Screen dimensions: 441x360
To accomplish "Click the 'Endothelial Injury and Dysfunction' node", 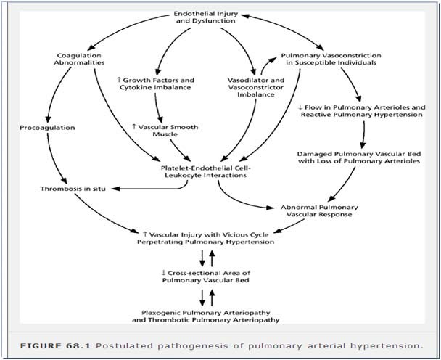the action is coord(206,17).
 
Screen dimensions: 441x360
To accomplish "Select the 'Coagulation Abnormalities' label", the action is coord(79,59).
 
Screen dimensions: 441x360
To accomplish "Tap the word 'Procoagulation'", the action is coord(47,128).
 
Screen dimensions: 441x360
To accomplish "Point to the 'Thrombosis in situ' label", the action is coord(73,189).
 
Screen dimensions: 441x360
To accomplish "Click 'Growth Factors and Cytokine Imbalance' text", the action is coord(155,83).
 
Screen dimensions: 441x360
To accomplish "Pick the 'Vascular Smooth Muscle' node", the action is coord(165,131).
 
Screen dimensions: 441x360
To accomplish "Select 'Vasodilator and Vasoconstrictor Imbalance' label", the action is coord(255,87).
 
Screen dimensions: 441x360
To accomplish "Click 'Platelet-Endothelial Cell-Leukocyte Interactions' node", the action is coord(205,172).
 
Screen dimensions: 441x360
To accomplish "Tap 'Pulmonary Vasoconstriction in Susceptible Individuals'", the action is coord(331,59).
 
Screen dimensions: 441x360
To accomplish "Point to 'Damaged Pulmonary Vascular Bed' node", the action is coord(359,157).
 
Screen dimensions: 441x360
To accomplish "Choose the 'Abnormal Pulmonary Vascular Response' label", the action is coord(319,210).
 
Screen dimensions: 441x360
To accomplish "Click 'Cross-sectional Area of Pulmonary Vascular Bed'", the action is coord(206,277).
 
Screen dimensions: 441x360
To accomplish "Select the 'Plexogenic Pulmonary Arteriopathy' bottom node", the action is coord(205,316).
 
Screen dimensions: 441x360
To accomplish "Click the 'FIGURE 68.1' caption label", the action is coord(55,346).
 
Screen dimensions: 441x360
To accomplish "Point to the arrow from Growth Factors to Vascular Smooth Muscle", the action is coord(157,107).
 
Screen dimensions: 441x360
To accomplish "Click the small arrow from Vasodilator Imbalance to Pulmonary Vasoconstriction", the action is coord(265,64).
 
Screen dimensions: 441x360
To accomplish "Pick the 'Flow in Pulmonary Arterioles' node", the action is coord(362,111).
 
